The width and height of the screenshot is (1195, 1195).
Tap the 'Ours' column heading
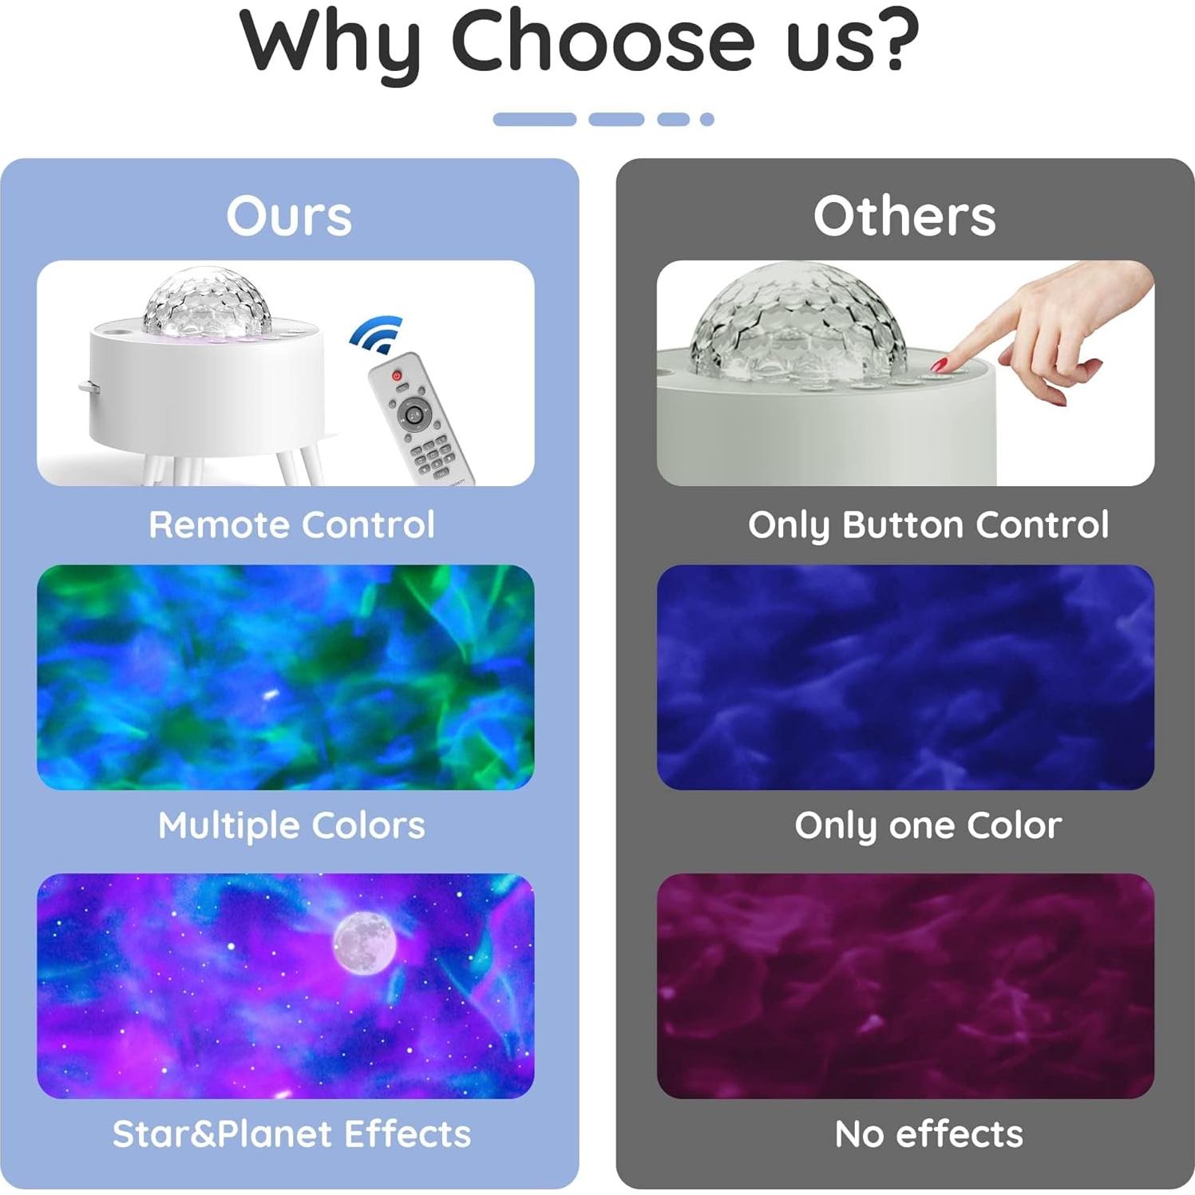point(289,216)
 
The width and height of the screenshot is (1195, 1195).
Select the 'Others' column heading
point(904,216)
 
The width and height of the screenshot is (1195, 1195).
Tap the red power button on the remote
point(397,374)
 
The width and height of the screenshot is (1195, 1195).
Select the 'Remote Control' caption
point(291,525)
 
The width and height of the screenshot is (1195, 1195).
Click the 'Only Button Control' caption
point(928,525)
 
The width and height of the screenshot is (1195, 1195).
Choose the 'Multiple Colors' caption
point(291,826)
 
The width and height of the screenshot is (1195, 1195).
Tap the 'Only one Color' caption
point(928,826)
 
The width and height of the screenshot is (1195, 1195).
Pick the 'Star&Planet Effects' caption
point(291,1134)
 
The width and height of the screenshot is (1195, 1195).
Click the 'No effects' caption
point(928,1134)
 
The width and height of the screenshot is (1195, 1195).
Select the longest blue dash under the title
point(535,120)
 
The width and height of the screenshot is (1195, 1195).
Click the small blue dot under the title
point(706,120)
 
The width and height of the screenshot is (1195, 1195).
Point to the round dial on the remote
point(414,414)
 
